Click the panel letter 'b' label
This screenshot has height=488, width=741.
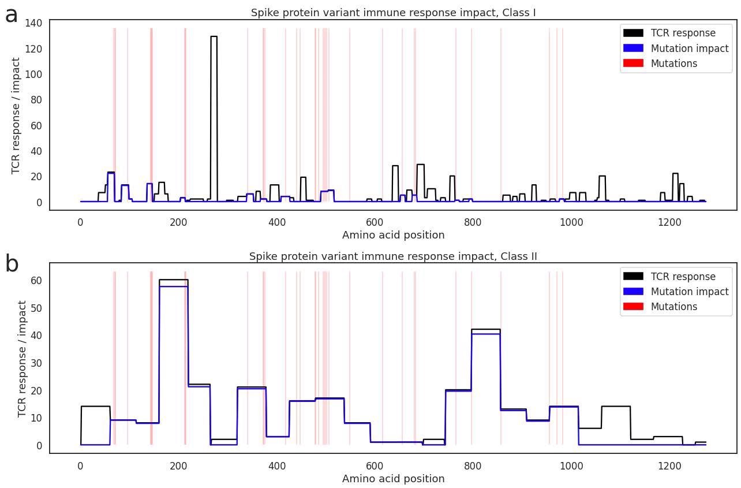[12, 265]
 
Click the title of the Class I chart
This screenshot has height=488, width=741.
[393, 13]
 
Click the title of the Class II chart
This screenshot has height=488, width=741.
[393, 256]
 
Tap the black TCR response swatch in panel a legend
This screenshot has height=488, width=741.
[633, 33]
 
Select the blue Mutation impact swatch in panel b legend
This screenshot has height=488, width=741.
[633, 292]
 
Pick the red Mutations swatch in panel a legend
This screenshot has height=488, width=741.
[633, 63]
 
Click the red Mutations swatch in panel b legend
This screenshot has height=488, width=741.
[633, 307]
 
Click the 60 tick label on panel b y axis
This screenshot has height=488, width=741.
[36, 281]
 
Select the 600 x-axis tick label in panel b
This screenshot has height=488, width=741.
[375, 465]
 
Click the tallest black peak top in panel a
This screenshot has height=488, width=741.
[214, 36]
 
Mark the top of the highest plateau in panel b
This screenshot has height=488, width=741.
[173, 280]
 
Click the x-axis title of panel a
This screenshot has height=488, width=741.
[393, 235]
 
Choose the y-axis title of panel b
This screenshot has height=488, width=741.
[23, 359]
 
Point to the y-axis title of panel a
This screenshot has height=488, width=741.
[16, 116]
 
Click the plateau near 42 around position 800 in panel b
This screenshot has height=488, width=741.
[485, 330]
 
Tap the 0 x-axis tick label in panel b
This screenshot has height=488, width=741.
[80, 465]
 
